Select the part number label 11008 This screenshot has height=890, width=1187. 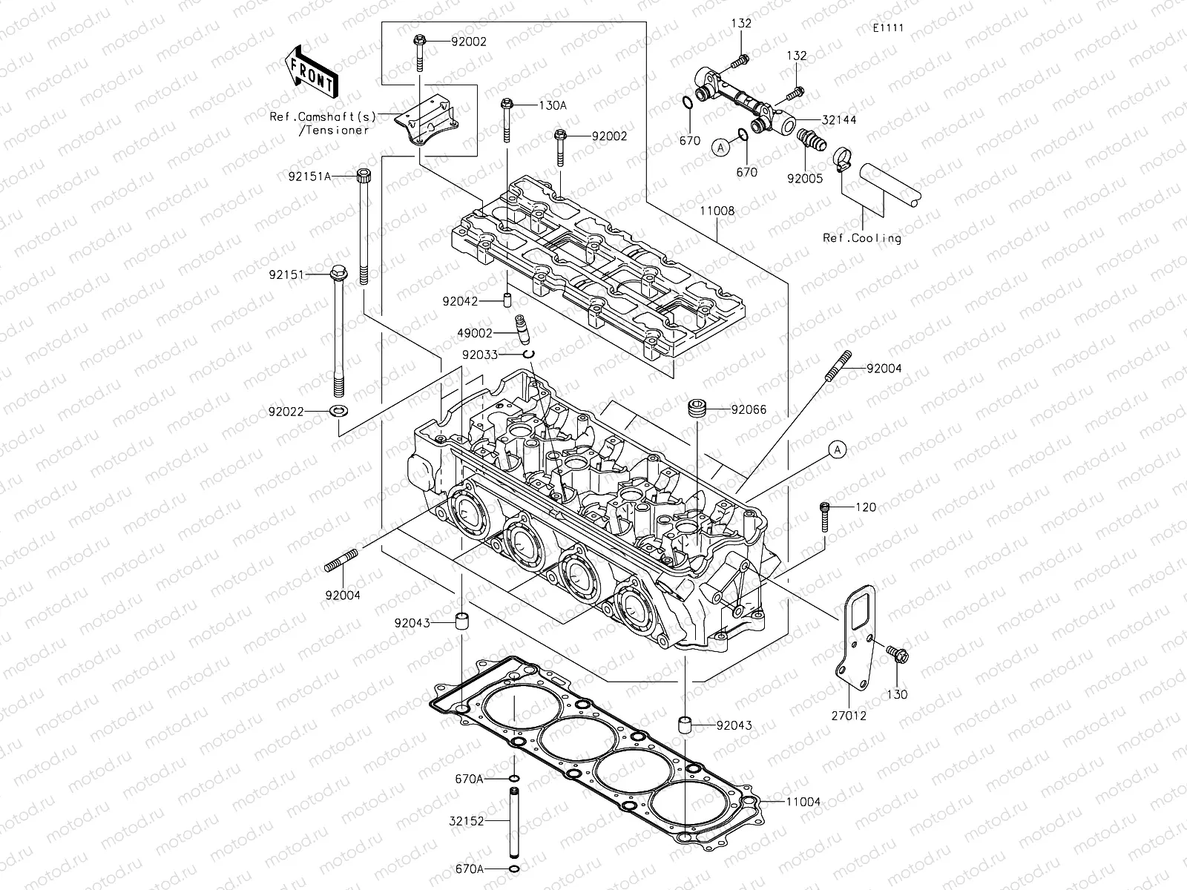716,211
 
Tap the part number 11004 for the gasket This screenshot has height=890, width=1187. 803,802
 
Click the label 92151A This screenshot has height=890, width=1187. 310,176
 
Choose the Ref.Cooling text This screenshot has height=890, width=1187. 862,238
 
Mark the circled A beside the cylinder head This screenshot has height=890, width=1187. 837,449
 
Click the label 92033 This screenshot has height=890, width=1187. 479,355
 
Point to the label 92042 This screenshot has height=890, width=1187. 461,301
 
